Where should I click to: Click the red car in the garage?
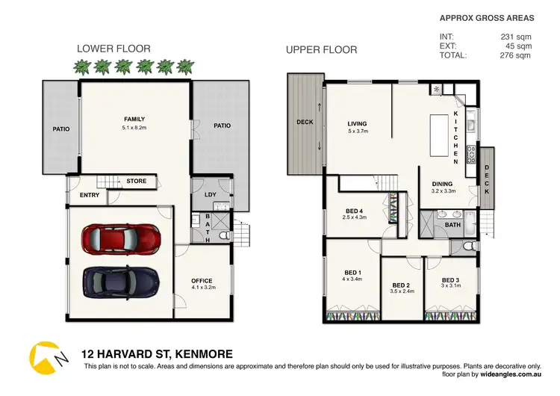click(x=121, y=239)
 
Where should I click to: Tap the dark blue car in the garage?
click(x=121, y=282)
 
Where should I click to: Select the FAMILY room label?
click(x=134, y=119)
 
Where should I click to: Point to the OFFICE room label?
click(x=202, y=280)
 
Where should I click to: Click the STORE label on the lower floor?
click(x=137, y=182)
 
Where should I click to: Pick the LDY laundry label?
click(x=211, y=194)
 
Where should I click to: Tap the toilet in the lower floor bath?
click(x=225, y=235)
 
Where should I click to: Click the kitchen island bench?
click(x=439, y=135)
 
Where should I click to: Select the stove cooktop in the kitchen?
click(x=471, y=155)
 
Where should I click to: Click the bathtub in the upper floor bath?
click(x=470, y=223)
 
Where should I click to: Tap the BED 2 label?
click(x=401, y=285)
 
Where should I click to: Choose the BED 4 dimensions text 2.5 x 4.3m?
click(x=354, y=217)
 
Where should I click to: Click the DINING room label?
click(x=442, y=184)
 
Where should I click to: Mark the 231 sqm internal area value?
click(x=516, y=37)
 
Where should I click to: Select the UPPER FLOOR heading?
click(x=321, y=49)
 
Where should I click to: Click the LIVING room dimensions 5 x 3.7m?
click(x=358, y=132)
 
